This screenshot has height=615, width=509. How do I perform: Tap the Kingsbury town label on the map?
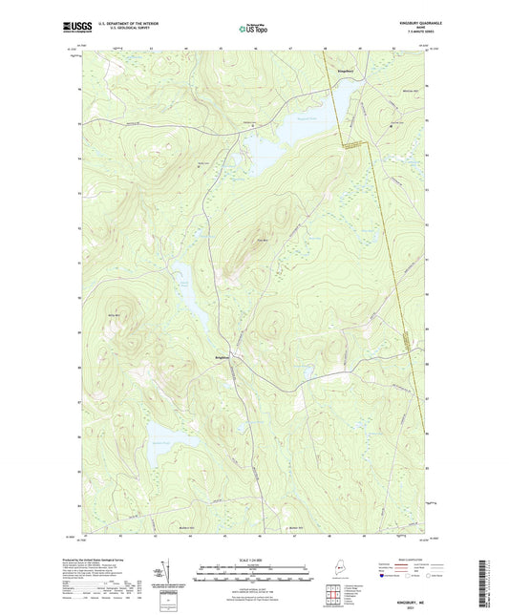[347, 71]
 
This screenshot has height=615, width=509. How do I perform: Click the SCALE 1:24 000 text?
[253, 559]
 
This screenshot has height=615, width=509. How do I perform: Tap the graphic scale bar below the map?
[253, 574]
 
